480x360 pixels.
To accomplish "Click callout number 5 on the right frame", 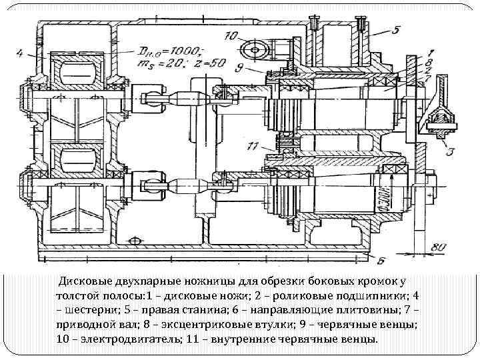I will pyautogui.click(x=395, y=29).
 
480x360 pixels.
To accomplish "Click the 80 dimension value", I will pyautogui.click(x=437, y=248).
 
